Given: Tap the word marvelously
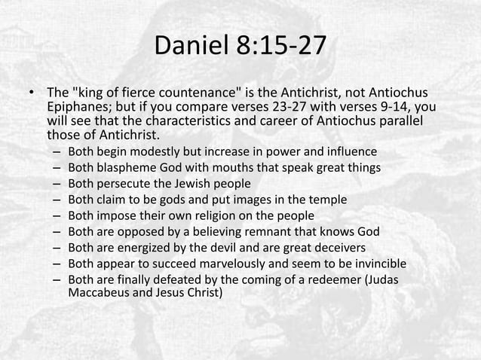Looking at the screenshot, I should coord(237,263).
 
